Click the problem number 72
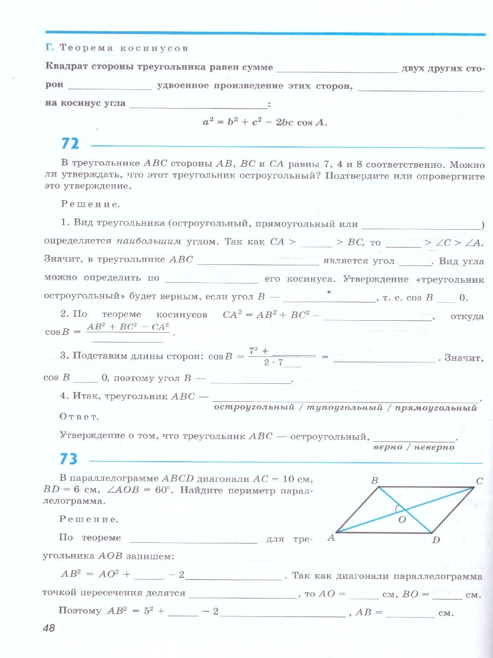pyautogui.click(x=70, y=144)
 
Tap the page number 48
pyautogui.click(x=49, y=628)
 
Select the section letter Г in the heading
pyautogui.click(x=49, y=48)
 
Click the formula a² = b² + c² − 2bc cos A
pyautogui.click(x=265, y=123)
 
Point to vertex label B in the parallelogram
pyautogui.click(x=375, y=481)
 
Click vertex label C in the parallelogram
pyautogui.click(x=479, y=481)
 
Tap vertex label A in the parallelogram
pyautogui.click(x=331, y=538)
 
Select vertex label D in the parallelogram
pyautogui.click(x=436, y=541)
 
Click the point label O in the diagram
pyautogui.click(x=402, y=519)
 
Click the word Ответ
pyautogui.click(x=79, y=417)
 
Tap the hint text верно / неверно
pyautogui.click(x=414, y=447)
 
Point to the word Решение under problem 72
pyautogui.click(x=89, y=205)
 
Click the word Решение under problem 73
pyautogui.click(x=88, y=519)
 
